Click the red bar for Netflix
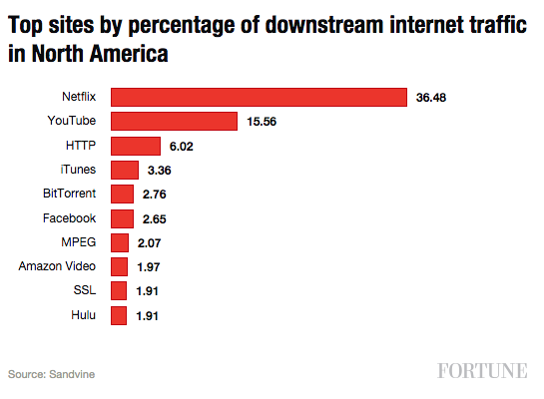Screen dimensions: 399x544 tap(259, 97)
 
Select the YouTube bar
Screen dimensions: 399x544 tap(174, 121)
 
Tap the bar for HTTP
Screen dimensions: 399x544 tap(135, 146)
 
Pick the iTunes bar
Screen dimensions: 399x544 tap(125, 170)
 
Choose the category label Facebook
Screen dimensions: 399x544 tap(69, 217)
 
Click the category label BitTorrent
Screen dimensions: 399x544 tap(69, 194)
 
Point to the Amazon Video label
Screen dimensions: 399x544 tap(57, 266)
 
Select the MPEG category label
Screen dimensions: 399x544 tap(78, 242)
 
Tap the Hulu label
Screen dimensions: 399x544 tap(83, 315)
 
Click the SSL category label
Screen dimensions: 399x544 tap(84, 291)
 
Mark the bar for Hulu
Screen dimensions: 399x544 tap(119, 316)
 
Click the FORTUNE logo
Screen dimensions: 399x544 tap(482, 372)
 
